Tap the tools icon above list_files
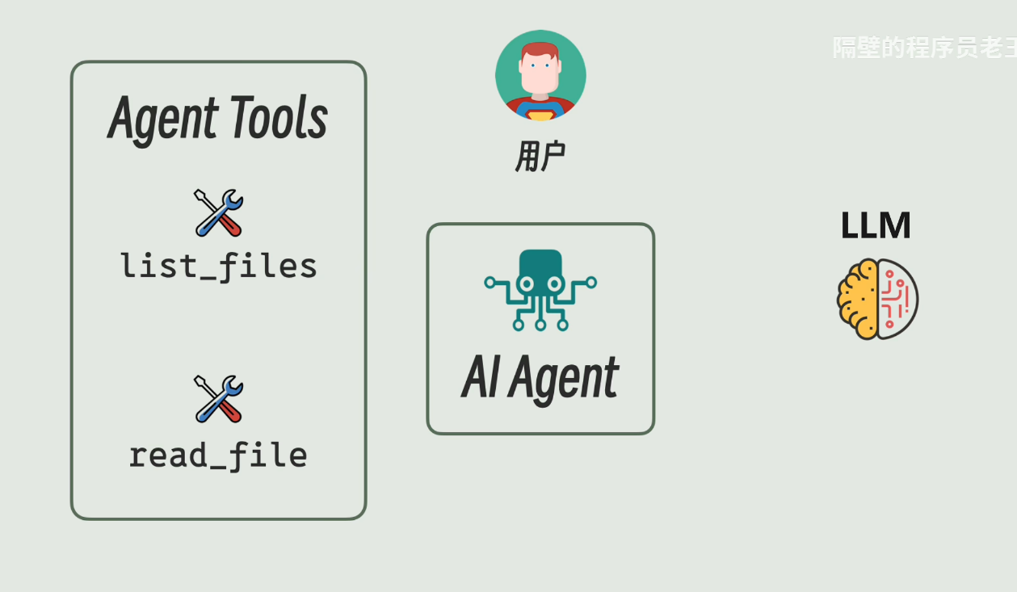[x=219, y=212]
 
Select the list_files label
[x=219, y=266]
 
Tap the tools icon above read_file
[x=219, y=399]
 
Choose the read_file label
[x=218, y=456]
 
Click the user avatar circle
[x=540, y=76]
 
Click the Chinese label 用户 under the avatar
[x=540, y=156]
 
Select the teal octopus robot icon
[x=540, y=289]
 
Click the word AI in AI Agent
[x=480, y=378]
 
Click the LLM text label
[x=876, y=226]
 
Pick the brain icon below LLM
[x=878, y=299]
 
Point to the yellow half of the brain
[x=858, y=299]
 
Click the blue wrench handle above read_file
[x=206, y=412]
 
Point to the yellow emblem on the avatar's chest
[x=540, y=115]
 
